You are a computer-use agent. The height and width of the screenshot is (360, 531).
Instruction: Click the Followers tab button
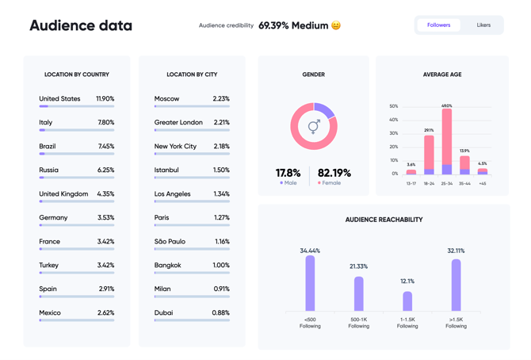pos(438,25)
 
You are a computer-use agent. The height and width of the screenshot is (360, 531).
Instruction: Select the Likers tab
pos(483,25)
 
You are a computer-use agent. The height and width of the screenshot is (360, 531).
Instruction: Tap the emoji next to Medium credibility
pos(336,25)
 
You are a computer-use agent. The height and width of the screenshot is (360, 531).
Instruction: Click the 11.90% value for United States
pos(105,99)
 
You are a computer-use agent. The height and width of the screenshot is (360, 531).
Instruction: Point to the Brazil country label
pos(48,147)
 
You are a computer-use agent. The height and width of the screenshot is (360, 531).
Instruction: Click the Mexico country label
pos(50,313)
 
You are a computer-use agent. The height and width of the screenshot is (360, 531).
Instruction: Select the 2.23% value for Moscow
pos(221,99)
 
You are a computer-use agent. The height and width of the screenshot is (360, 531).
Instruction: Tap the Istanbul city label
pos(166,170)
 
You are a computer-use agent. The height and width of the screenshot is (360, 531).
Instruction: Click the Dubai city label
pos(163,313)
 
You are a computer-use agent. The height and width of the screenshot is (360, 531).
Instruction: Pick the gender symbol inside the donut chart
pos(314,126)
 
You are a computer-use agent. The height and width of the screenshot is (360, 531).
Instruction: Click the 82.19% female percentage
pos(334,173)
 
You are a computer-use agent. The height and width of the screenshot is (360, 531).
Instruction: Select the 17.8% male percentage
pos(288,173)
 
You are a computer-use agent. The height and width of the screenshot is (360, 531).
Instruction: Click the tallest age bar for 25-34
pos(447,139)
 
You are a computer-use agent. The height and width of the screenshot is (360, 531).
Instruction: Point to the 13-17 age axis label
pos(411,183)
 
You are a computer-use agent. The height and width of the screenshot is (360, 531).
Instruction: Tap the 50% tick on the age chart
pos(394,106)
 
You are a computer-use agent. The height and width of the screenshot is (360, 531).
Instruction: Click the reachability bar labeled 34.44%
pos(310,283)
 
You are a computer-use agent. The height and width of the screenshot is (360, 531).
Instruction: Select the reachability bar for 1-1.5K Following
pos(407,301)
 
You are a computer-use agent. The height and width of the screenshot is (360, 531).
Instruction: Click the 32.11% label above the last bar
pos(456,251)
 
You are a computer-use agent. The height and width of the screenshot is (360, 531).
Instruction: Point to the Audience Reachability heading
pos(384,220)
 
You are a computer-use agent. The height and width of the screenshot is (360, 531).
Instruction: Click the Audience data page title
pos(81,25)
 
